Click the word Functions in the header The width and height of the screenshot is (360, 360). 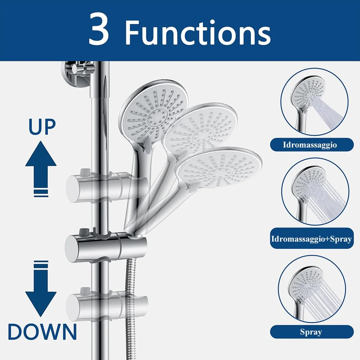pyautogui.click(x=198, y=32)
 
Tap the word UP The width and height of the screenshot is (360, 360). pyautogui.click(x=42, y=127)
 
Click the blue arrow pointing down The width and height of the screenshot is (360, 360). pyautogui.click(x=41, y=289)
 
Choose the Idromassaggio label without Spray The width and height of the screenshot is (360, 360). pyautogui.click(x=312, y=145)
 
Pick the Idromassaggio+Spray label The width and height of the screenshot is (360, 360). pyautogui.click(x=312, y=239)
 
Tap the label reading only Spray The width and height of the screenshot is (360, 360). pyautogui.click(x=312, y=332)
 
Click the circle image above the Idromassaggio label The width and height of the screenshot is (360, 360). pyautogui.click(x=314, y=102)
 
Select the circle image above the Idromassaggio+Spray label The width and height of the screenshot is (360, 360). pyautogui.click(x=315, y=192)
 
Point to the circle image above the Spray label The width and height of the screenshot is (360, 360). pyautogui.click(x=312, y=289)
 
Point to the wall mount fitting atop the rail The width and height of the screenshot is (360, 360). pyautogui.click(x=77, y=74)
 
